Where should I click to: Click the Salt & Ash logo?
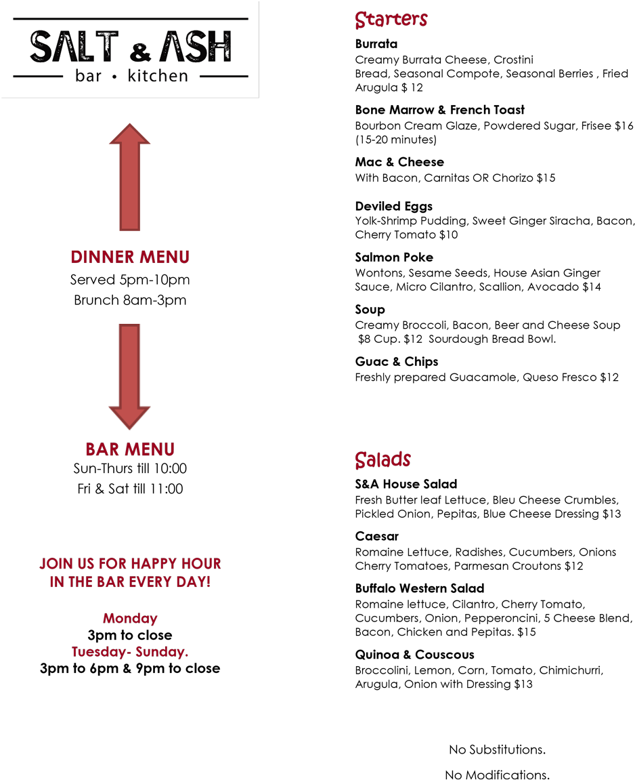[130, 49]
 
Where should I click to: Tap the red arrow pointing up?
[130, 177]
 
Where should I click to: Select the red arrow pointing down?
[130, 377]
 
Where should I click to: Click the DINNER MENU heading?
[130, 258]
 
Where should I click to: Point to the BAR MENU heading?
[130, 449]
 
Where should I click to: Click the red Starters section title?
[391, 20]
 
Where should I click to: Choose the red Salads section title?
[383, 459]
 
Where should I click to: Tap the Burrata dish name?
[376, 44]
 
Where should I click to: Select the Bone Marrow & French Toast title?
[440, 109]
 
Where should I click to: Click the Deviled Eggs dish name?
[393, 206]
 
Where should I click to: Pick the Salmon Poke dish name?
[394, 258]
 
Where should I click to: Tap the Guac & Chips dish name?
[397, 362]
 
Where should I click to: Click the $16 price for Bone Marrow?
[624, 126]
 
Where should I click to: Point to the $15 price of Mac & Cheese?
[546, 178]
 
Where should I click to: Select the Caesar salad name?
[376, 536]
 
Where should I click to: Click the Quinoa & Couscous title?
[414, 655]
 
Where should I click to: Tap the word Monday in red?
[130, 618]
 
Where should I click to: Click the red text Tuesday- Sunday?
[130, 652]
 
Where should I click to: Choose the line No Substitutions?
[498, 750]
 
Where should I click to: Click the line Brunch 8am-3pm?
[130, 300]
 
